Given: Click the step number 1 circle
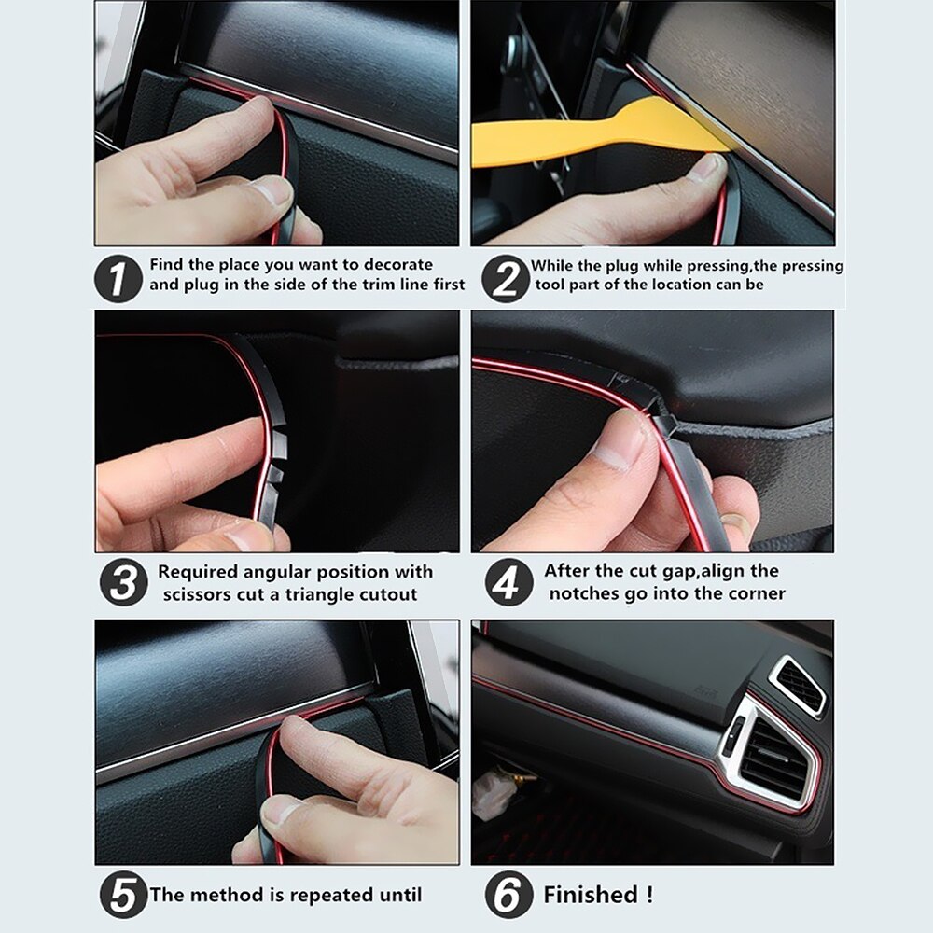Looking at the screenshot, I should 118,276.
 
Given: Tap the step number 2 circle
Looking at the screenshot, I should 505,276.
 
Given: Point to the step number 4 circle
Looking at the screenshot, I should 508,583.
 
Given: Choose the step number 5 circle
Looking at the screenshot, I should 123,895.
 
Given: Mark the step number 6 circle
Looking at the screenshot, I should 508,895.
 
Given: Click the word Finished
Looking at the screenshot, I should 590,895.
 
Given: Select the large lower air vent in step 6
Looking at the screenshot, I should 773,756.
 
